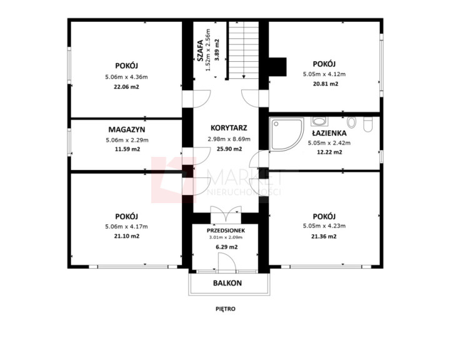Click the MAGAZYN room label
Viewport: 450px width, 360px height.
tap(126, 129)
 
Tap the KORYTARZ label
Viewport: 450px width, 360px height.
tap(229, 128)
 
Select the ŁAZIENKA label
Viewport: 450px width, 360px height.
tap(329, 133)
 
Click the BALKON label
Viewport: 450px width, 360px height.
tap(227, 283)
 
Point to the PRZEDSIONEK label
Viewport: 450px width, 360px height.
tap(226, 231)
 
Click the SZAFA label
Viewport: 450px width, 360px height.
tap(201, 51)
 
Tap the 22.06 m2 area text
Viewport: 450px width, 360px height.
tap(126, 87)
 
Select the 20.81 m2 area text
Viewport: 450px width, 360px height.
tap(326, 84)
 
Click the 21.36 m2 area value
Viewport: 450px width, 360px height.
tap(324, 236)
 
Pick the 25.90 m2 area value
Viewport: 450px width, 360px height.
tap(229, 149)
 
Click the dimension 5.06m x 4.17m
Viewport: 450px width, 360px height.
tap(126, 226)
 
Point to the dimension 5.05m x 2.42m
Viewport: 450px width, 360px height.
tap(329, 142)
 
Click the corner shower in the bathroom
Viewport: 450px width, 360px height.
tap(287, 134)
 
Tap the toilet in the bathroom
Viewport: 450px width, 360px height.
tap(367, 124)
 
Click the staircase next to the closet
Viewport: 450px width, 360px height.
tap(244, 50)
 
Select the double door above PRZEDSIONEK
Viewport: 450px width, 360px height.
tap(226, 214)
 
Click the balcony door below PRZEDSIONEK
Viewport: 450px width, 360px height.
tap(227, 262)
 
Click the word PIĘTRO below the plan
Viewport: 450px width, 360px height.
tap(226, 309)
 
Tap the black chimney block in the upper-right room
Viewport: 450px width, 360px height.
tap(277, 67)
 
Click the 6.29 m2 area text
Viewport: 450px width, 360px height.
tap(226, 247)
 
